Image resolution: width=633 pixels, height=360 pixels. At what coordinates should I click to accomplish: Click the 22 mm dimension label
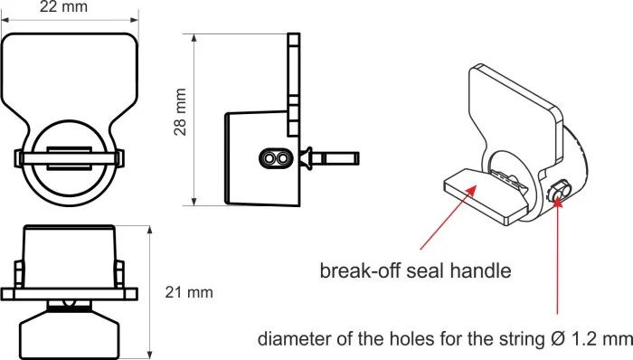point(63,6)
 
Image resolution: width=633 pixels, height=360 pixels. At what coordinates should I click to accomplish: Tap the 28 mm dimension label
point(181,112)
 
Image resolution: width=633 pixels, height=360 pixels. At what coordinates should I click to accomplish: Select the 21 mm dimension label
point(189,292)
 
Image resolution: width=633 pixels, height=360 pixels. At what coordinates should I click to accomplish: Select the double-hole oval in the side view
point(276,158)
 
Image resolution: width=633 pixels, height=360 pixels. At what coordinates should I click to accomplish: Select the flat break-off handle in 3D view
point(486,195)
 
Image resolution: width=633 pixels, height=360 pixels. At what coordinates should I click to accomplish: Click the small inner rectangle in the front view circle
point(69,157)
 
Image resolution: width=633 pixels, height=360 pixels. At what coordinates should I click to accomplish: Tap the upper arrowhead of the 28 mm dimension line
point(194,38)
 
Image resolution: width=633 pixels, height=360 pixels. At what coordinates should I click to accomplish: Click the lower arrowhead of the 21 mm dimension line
point(150,354)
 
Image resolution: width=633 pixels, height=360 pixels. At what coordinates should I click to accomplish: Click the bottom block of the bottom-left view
point(70,334)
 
